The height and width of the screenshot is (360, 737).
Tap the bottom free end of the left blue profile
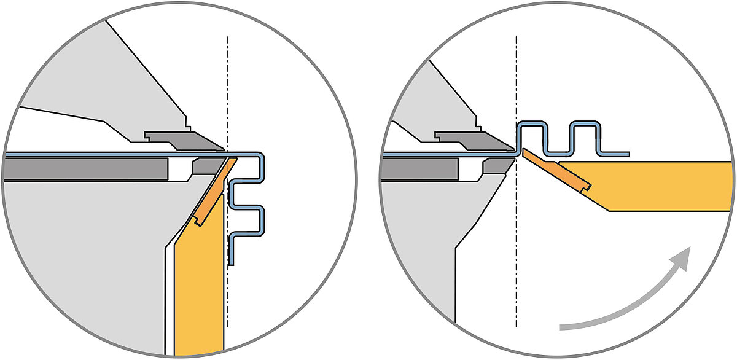tap(232, 262)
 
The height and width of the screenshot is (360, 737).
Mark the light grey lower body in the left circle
tap(80, 258)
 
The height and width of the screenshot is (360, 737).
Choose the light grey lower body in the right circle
tap(424, 246)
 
